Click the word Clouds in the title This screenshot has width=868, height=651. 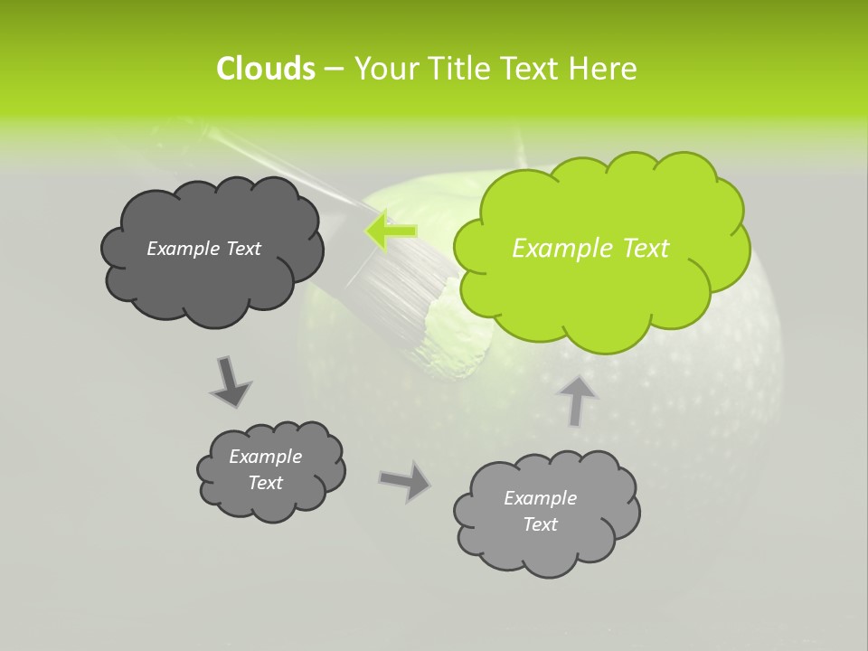265,69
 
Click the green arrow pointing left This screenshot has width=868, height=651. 392,231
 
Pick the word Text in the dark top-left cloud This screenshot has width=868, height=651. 242,249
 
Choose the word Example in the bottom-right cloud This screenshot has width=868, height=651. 540,498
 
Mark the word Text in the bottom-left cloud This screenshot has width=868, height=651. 266,483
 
